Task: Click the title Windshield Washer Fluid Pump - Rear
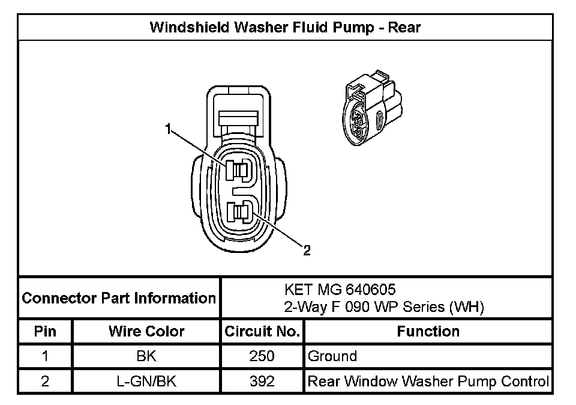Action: click(285, 28)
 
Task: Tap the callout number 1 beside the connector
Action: click(169, 128)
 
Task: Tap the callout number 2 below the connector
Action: click(307, 251)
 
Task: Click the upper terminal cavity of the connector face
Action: click(238, 171)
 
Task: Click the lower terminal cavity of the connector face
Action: click(239, 213)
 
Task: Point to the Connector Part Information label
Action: click(119, 298)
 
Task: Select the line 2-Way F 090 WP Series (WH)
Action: click(384, 307)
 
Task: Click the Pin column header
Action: click(45, 331)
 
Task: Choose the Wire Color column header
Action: click(146, 331)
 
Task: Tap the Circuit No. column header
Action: click(262, 331)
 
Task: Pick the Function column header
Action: click(428, 331)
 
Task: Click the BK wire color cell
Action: click(146, 356)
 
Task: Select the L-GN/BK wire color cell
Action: click(146, 381)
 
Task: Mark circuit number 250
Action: click(262, 356)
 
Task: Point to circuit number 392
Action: click(262, 381)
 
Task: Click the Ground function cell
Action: click(332, 356)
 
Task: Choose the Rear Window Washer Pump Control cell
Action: click(428, 381)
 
